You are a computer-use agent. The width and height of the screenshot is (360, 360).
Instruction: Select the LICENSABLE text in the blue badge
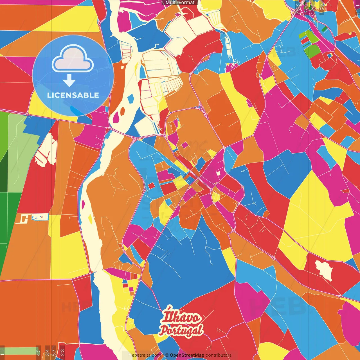[x=73, y=95]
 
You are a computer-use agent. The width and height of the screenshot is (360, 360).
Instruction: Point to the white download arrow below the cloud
[x=69, y=80]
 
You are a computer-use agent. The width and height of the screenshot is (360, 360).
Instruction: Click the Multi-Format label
[x=180, y=3]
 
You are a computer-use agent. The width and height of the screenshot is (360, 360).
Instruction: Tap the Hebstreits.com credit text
[x=145, y=355]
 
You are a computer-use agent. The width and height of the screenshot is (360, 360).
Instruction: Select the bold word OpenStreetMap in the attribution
[x=187, y=355]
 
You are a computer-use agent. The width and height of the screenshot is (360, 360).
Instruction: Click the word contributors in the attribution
[x=219, y=355]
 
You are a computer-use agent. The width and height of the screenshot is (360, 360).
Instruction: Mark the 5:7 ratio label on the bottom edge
[x=54, y=351]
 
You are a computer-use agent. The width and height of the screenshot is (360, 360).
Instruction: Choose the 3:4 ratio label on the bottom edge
[x=47, y=351]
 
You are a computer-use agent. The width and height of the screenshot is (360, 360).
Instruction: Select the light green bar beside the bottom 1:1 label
[x=20, y=351]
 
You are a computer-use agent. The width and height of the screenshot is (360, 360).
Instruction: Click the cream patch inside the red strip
[x=324, y=270]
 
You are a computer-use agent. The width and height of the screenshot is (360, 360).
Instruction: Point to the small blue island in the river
[x=130, y=98]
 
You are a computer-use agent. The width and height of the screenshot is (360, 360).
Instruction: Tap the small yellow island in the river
[x=90, y=219]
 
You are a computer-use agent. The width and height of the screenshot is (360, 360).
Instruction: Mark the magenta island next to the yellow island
[x=83, y=204]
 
